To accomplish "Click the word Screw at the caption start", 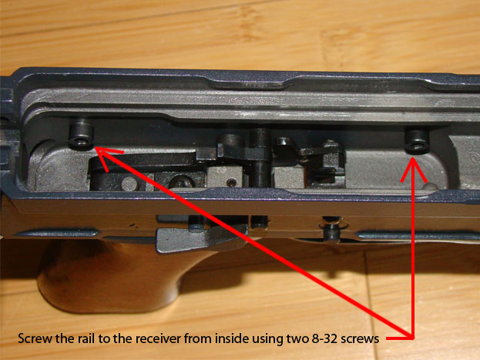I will (33, 338).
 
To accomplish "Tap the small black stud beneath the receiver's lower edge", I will (329, 232).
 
